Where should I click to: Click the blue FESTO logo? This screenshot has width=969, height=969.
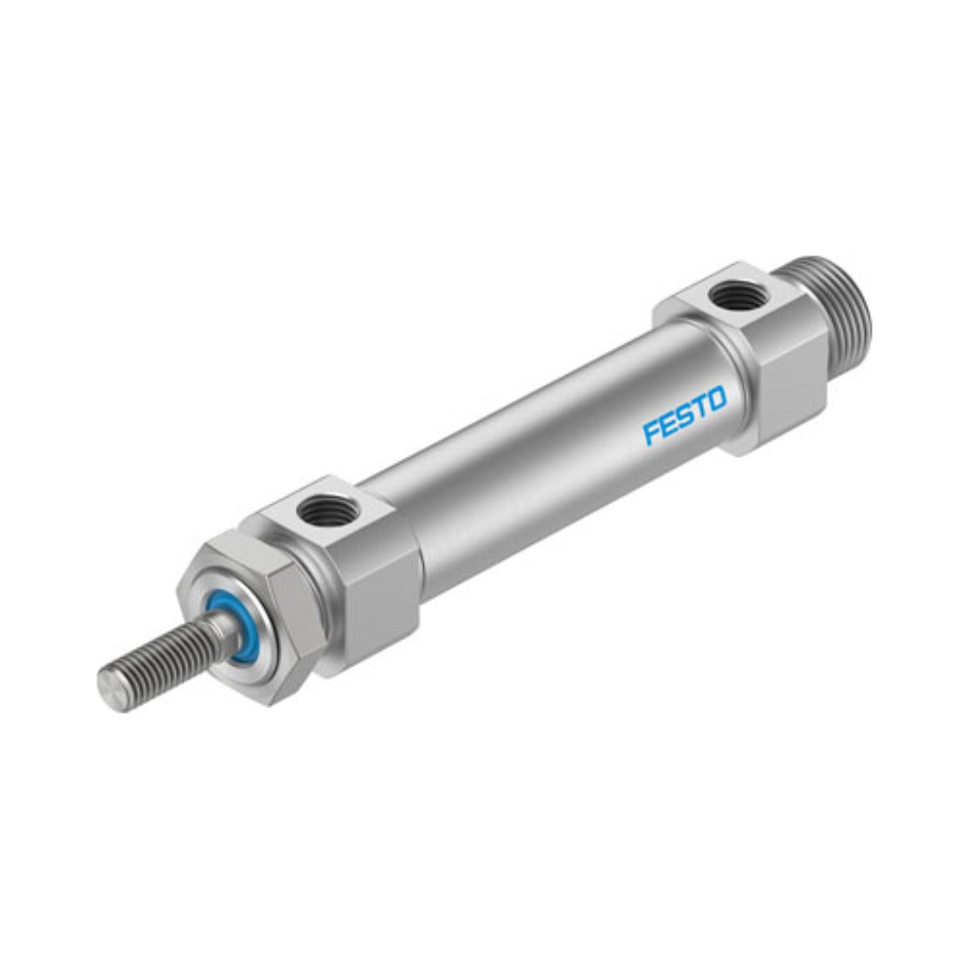point(685,416)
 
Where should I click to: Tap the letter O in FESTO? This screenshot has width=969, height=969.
point(717,399)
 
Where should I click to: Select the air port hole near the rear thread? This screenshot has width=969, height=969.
point(731,291)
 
